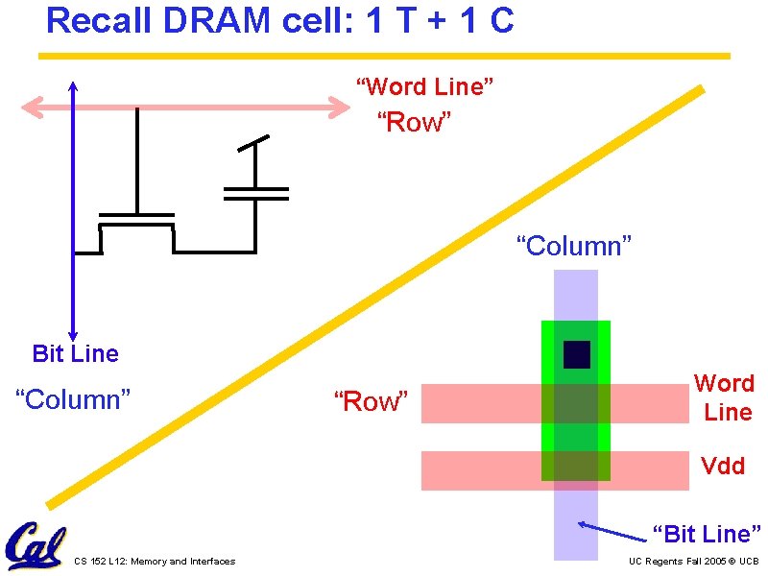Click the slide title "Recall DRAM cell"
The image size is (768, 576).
point(279,21)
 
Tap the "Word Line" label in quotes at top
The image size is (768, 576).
point(425,86)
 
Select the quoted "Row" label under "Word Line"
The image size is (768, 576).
point(414,122)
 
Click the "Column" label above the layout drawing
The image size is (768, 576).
point(574,246)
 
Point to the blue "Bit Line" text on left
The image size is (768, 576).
point(75,353)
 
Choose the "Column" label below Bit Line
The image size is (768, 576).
point(73,397)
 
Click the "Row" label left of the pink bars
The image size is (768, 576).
point(371,401)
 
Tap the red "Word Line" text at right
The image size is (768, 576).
point(724,397)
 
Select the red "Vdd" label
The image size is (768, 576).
point(723,466)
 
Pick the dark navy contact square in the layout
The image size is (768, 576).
point(576,354)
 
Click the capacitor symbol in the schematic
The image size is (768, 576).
point(255,193)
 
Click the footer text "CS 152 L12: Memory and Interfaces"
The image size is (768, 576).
point(154,562)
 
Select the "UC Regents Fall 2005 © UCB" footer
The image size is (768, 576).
point(693,562)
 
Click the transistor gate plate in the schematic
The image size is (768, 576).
point(137,213)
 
